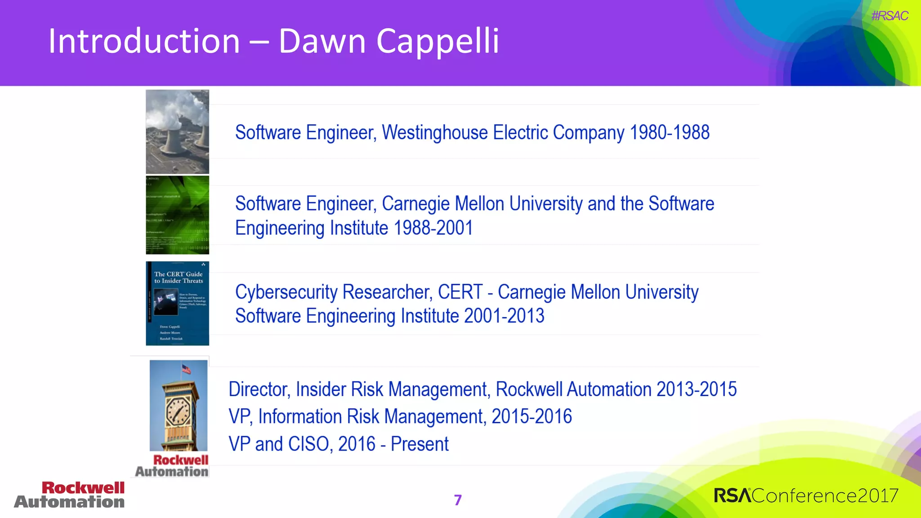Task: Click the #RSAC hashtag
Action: (x=890, y=16)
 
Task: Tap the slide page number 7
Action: (x=458, y=500)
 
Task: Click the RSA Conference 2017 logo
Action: (x=806, y=496)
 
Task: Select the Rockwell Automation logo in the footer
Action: (x=70, y=495)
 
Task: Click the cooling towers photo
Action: (x=177, y=132)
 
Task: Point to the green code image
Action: (x=177, y=215)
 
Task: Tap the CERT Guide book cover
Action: (x=177, y=304)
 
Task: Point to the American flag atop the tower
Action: (x=186, y=369)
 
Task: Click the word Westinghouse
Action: (x=434, y=133)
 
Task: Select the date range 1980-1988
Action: (x=669, y=133)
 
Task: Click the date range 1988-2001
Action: (x=433, y=228)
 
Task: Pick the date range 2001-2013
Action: (x=504, y=316)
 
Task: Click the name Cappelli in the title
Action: (x=438, y=41)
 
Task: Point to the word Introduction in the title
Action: (x=144, y=41)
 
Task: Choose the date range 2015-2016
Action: (x=532, y=417)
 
